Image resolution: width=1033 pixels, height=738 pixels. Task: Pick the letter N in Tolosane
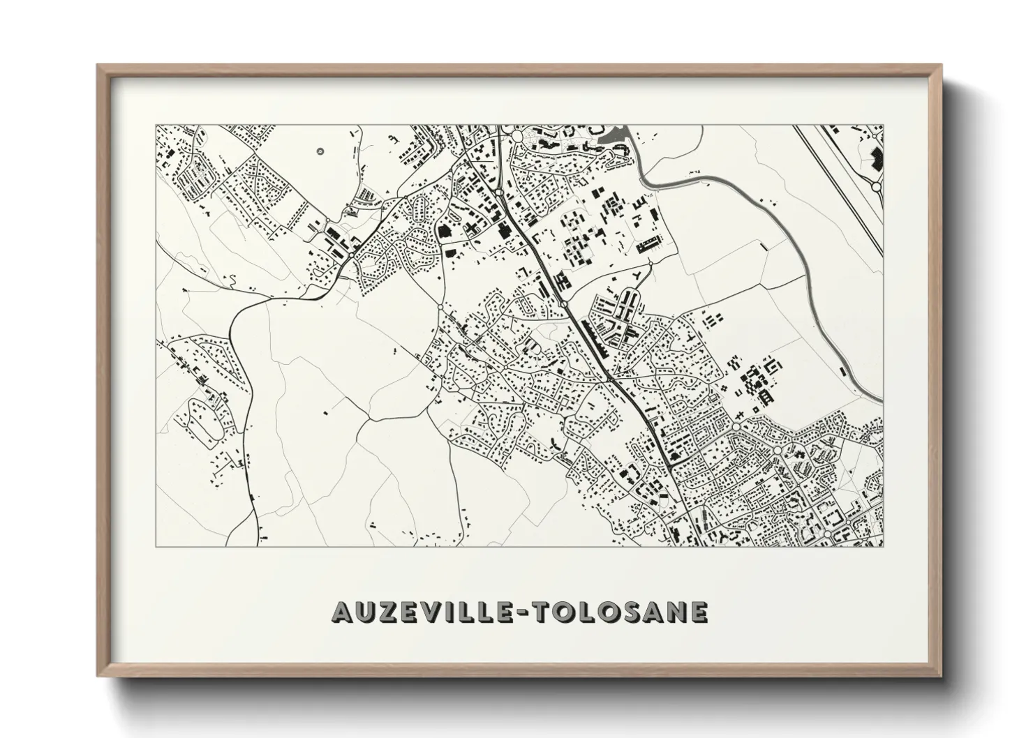click(x=676, y=612)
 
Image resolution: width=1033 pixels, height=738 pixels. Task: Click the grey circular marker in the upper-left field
click(x=320, y=151)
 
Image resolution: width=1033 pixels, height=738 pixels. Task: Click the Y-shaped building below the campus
click(x=637, y=282)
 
